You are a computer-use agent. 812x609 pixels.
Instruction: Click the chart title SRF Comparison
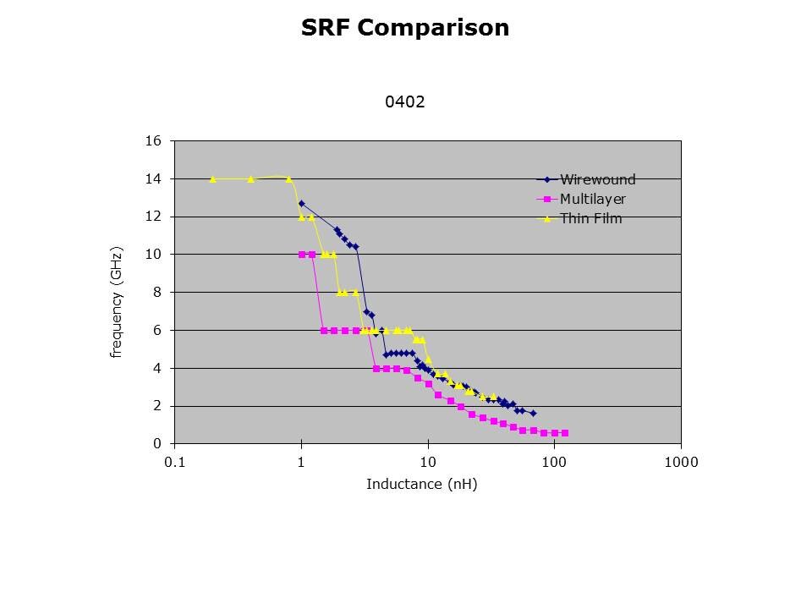pos(405,28)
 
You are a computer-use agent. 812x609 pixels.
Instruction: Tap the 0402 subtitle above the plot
pos(404,102)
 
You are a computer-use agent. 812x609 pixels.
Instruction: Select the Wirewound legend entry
pos(597,179)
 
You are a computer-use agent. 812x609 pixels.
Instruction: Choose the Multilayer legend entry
pos(592,200)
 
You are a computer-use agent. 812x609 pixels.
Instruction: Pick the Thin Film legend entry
pos(590,219)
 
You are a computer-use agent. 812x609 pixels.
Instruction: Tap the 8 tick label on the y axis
pos(156,293)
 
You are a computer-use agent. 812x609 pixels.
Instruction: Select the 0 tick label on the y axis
pos(156,444)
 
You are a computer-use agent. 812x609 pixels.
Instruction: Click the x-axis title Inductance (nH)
pos(421,485)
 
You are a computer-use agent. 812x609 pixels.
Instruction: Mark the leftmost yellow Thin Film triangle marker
pos(212,179)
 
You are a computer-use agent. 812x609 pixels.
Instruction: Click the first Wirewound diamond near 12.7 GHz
pos(301,203)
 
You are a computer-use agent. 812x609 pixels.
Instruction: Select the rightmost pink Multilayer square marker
pos(564,433)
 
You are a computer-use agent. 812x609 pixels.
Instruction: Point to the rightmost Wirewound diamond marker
pos(533,413)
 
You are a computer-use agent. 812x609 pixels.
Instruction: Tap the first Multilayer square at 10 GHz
pos(302,255)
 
